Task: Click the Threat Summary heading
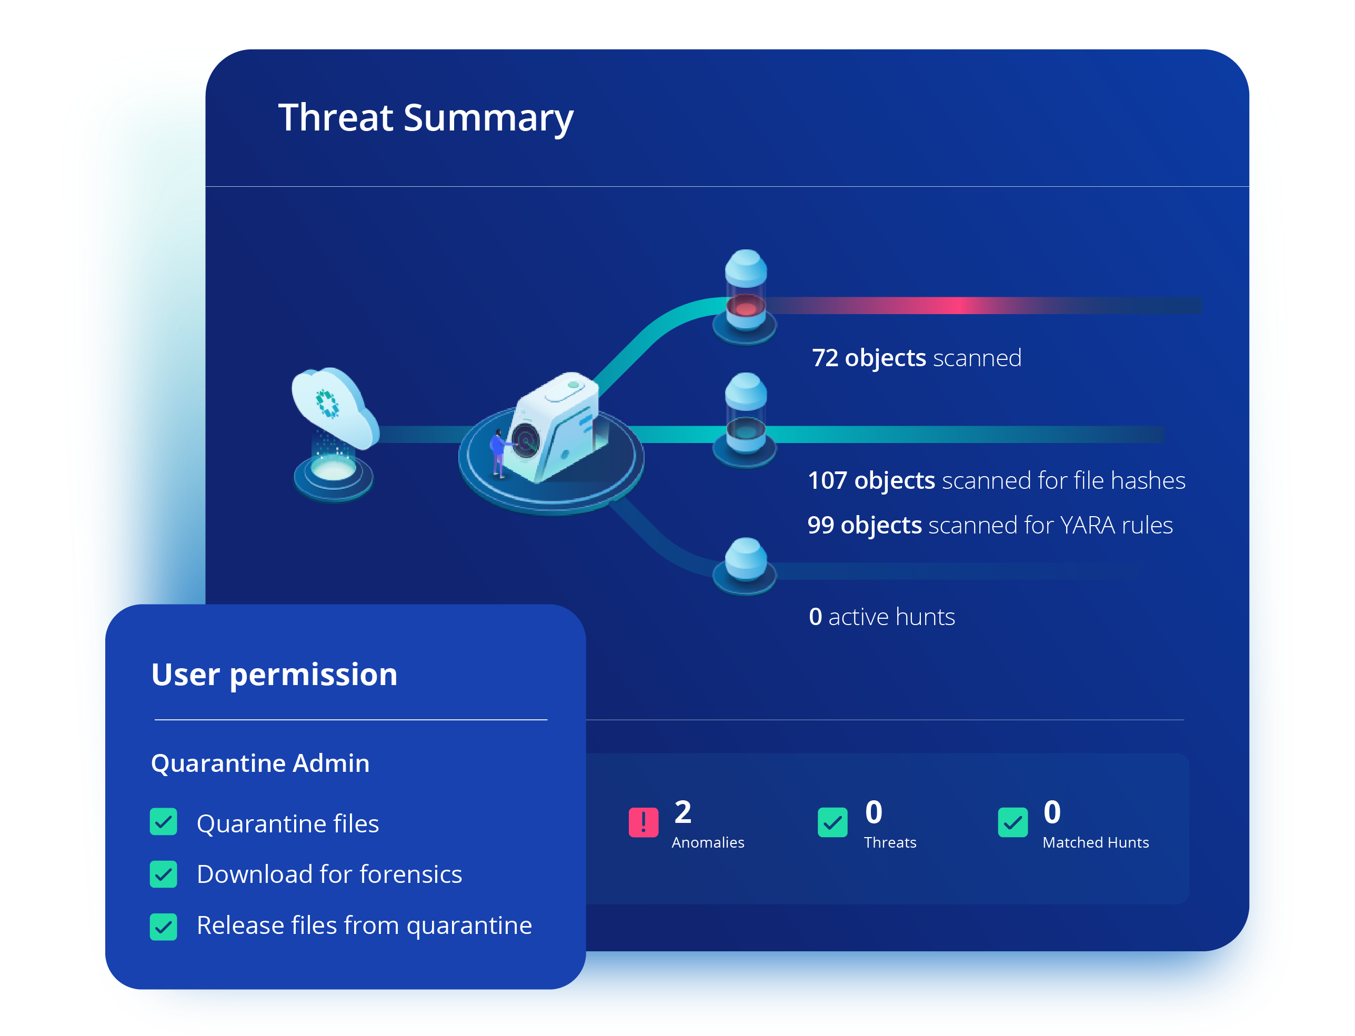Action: (426, 118)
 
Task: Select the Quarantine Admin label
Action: (260, 763)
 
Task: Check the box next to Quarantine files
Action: (164, 822)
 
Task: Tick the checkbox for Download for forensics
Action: (164, 874)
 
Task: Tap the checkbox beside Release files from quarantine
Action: (164, 926)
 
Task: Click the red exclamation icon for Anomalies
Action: (643, 822)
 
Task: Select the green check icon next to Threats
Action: (832, 822)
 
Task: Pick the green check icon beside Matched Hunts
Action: (1013, 822)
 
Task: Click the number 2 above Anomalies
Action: (682, 812)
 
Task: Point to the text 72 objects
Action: (869, 358)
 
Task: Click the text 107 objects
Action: (871, 480)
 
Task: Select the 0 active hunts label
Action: (882, 617)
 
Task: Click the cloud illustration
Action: (335, 407)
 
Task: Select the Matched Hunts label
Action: (1096, 842)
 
